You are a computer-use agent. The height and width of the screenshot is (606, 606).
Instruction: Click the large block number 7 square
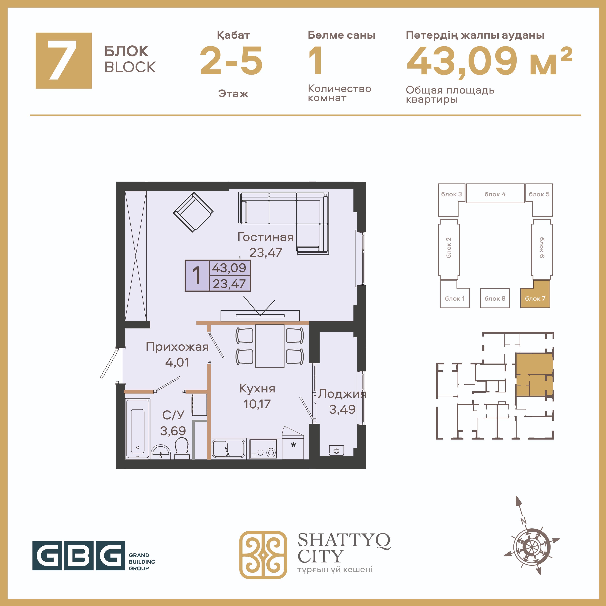pyautogui.click(x=64, y=61)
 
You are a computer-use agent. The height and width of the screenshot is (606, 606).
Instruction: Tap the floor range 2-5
pyautogui.click(x=232, y=61)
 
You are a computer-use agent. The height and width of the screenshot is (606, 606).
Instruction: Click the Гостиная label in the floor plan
pyautogui.click(x=265, y=237)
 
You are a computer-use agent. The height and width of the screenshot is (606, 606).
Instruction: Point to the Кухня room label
pyautogui.click(x=257, y=389)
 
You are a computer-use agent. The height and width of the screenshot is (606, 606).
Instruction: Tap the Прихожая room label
pyautogui.click(x=177, y=347)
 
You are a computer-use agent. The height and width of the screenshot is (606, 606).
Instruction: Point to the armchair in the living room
pyautogui.click(x=193, y=212)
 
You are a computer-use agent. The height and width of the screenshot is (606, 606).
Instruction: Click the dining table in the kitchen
pyautogui.click(x=270, y=346)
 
